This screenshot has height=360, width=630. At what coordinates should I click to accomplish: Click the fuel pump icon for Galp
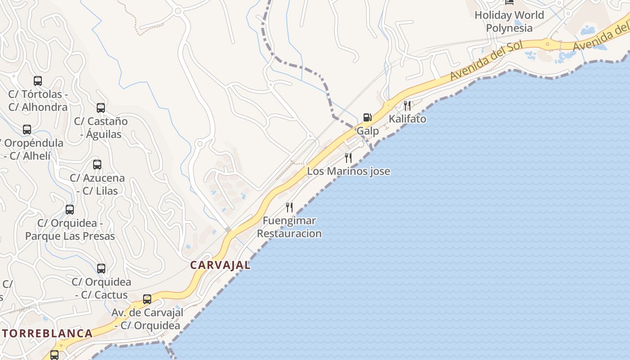pos(367,117)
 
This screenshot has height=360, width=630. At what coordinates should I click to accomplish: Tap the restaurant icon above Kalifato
pos(407,106)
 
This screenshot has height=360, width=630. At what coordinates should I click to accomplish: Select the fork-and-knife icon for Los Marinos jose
pos(348,158)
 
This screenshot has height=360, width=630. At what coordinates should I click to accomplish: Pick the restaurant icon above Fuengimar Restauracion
pos(289,207)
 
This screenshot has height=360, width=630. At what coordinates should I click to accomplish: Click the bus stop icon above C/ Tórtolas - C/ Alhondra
pos(38,81)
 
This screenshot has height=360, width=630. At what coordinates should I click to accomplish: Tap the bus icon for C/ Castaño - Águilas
pos(101,108)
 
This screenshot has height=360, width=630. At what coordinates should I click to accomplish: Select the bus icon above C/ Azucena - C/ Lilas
pos(97,165)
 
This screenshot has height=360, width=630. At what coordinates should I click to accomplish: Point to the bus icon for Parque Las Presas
pos(70,210)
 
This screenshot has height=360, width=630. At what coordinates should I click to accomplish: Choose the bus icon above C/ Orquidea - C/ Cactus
pos(101,269)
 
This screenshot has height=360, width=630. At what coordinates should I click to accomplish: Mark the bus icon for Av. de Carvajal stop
pos(147,299)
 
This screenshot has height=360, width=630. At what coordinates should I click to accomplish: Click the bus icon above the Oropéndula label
pos(27,130)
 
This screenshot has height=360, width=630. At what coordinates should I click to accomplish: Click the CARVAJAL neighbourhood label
pos(220,265)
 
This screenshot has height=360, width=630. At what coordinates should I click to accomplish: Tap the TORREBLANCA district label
pos(47,333)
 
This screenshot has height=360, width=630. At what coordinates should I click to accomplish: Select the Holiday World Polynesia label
pos(509,22)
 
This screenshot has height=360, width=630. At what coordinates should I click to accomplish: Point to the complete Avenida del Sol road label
pos(486,60)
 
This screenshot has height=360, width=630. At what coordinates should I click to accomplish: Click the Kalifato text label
pos(407,119)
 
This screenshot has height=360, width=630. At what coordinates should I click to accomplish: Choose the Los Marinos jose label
pos(348,171)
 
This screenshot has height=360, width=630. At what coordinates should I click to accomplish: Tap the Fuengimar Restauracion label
pos(289,227)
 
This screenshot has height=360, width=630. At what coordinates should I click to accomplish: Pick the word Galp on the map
pos(368,131)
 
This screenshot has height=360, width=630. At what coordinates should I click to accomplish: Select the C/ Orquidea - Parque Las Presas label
pos(70,229)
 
